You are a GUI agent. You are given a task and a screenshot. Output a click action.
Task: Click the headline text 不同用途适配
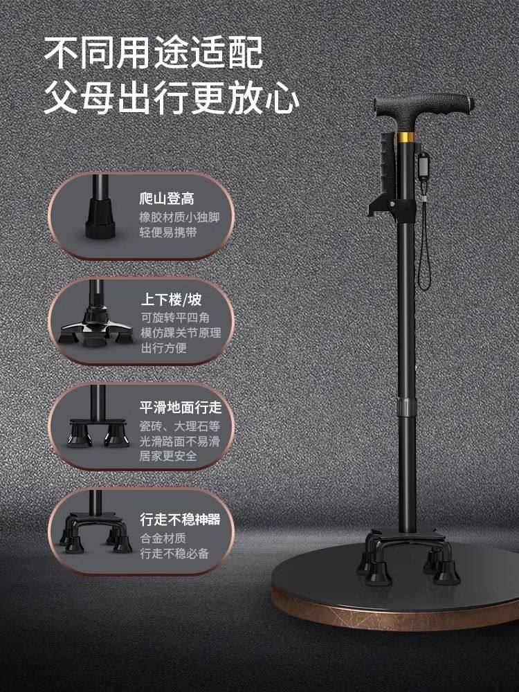[153, 53]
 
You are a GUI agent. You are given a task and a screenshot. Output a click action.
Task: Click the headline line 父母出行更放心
[171, 98]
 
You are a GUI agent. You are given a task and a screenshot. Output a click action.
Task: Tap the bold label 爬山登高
[167, 199]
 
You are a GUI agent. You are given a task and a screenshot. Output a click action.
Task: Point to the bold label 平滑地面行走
[181, 407]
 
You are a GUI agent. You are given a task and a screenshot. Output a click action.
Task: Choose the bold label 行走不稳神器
[180, 519]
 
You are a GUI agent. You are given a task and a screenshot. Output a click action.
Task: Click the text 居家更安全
[168, 457]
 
